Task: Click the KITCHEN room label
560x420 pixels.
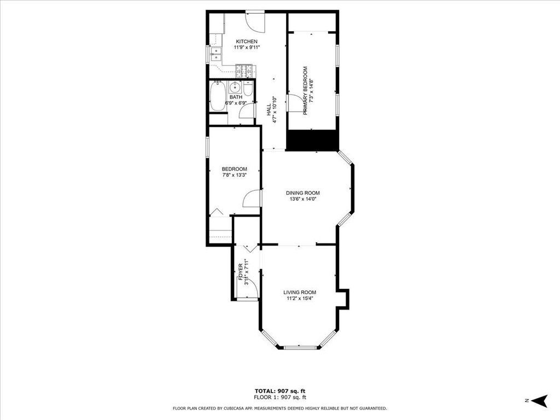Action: [x=247, y=42]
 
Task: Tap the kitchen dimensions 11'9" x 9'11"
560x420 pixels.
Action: [x=247, y=48]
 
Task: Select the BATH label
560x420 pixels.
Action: [x=236, y=97]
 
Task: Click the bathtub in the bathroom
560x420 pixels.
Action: [x=217, y=96]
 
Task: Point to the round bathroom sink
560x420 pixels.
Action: [x=235, y=86]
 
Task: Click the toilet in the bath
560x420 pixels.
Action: [x=248, y=88]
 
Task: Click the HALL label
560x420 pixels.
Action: [x=269, y=109]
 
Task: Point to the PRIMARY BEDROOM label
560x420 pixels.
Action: [x=305, y=91]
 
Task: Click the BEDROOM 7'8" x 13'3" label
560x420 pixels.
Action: [x=234, y=172]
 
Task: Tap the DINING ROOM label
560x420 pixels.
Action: [x=303, y=193]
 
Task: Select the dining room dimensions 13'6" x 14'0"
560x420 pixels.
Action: [x=303, y=199]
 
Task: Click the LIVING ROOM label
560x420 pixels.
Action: [x=300, y=293]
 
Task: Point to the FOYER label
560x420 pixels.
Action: [x=241, y=272]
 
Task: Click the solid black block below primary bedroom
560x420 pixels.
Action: [x=312, y=140]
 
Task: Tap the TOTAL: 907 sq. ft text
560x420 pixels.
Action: [x=280, y=391]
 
